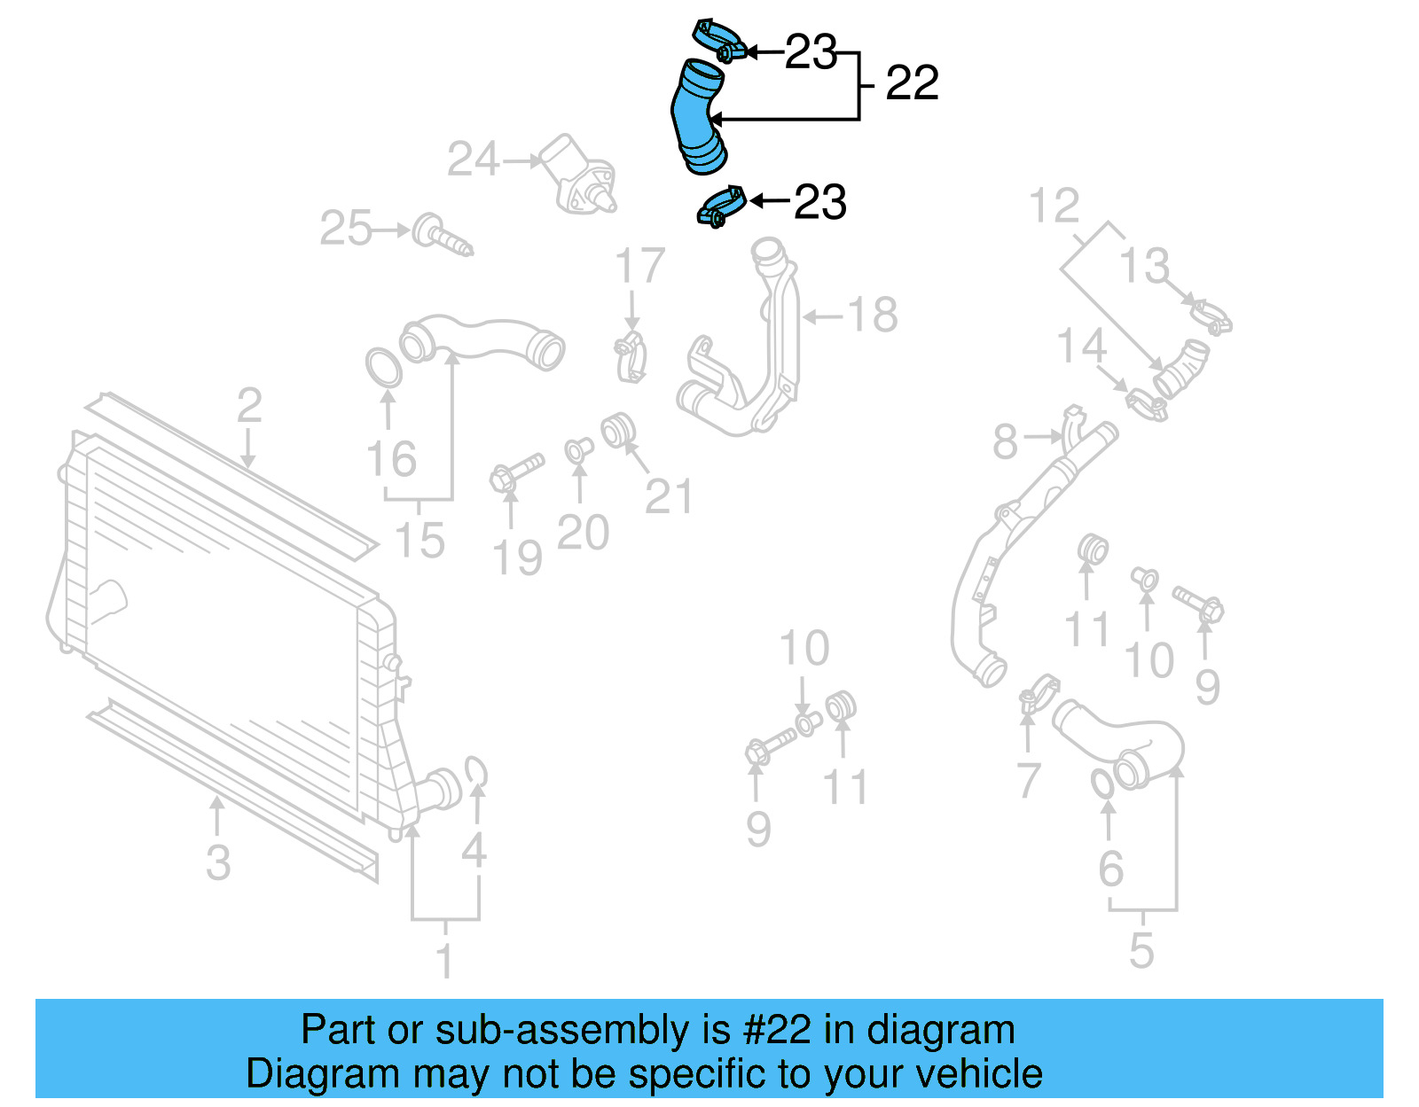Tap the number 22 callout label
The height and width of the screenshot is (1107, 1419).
(912, 83)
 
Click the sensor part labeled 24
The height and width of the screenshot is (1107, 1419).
(578, 175)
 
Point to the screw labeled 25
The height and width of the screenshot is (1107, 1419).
(441, 235)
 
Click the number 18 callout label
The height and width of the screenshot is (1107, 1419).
(873, 315)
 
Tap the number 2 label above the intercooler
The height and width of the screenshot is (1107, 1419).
(249, 405)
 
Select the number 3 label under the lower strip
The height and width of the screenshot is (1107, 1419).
(218, 862)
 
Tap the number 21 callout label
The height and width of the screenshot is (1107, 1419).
(669, 496)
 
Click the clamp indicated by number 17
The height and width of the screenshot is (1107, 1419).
(631, 356)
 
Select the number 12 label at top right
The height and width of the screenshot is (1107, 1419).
(1054, 207)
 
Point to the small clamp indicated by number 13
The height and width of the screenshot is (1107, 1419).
(1211, 316)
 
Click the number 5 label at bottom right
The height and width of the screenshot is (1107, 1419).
(1141, 950)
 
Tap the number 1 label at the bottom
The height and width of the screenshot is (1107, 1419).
(445, 961)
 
